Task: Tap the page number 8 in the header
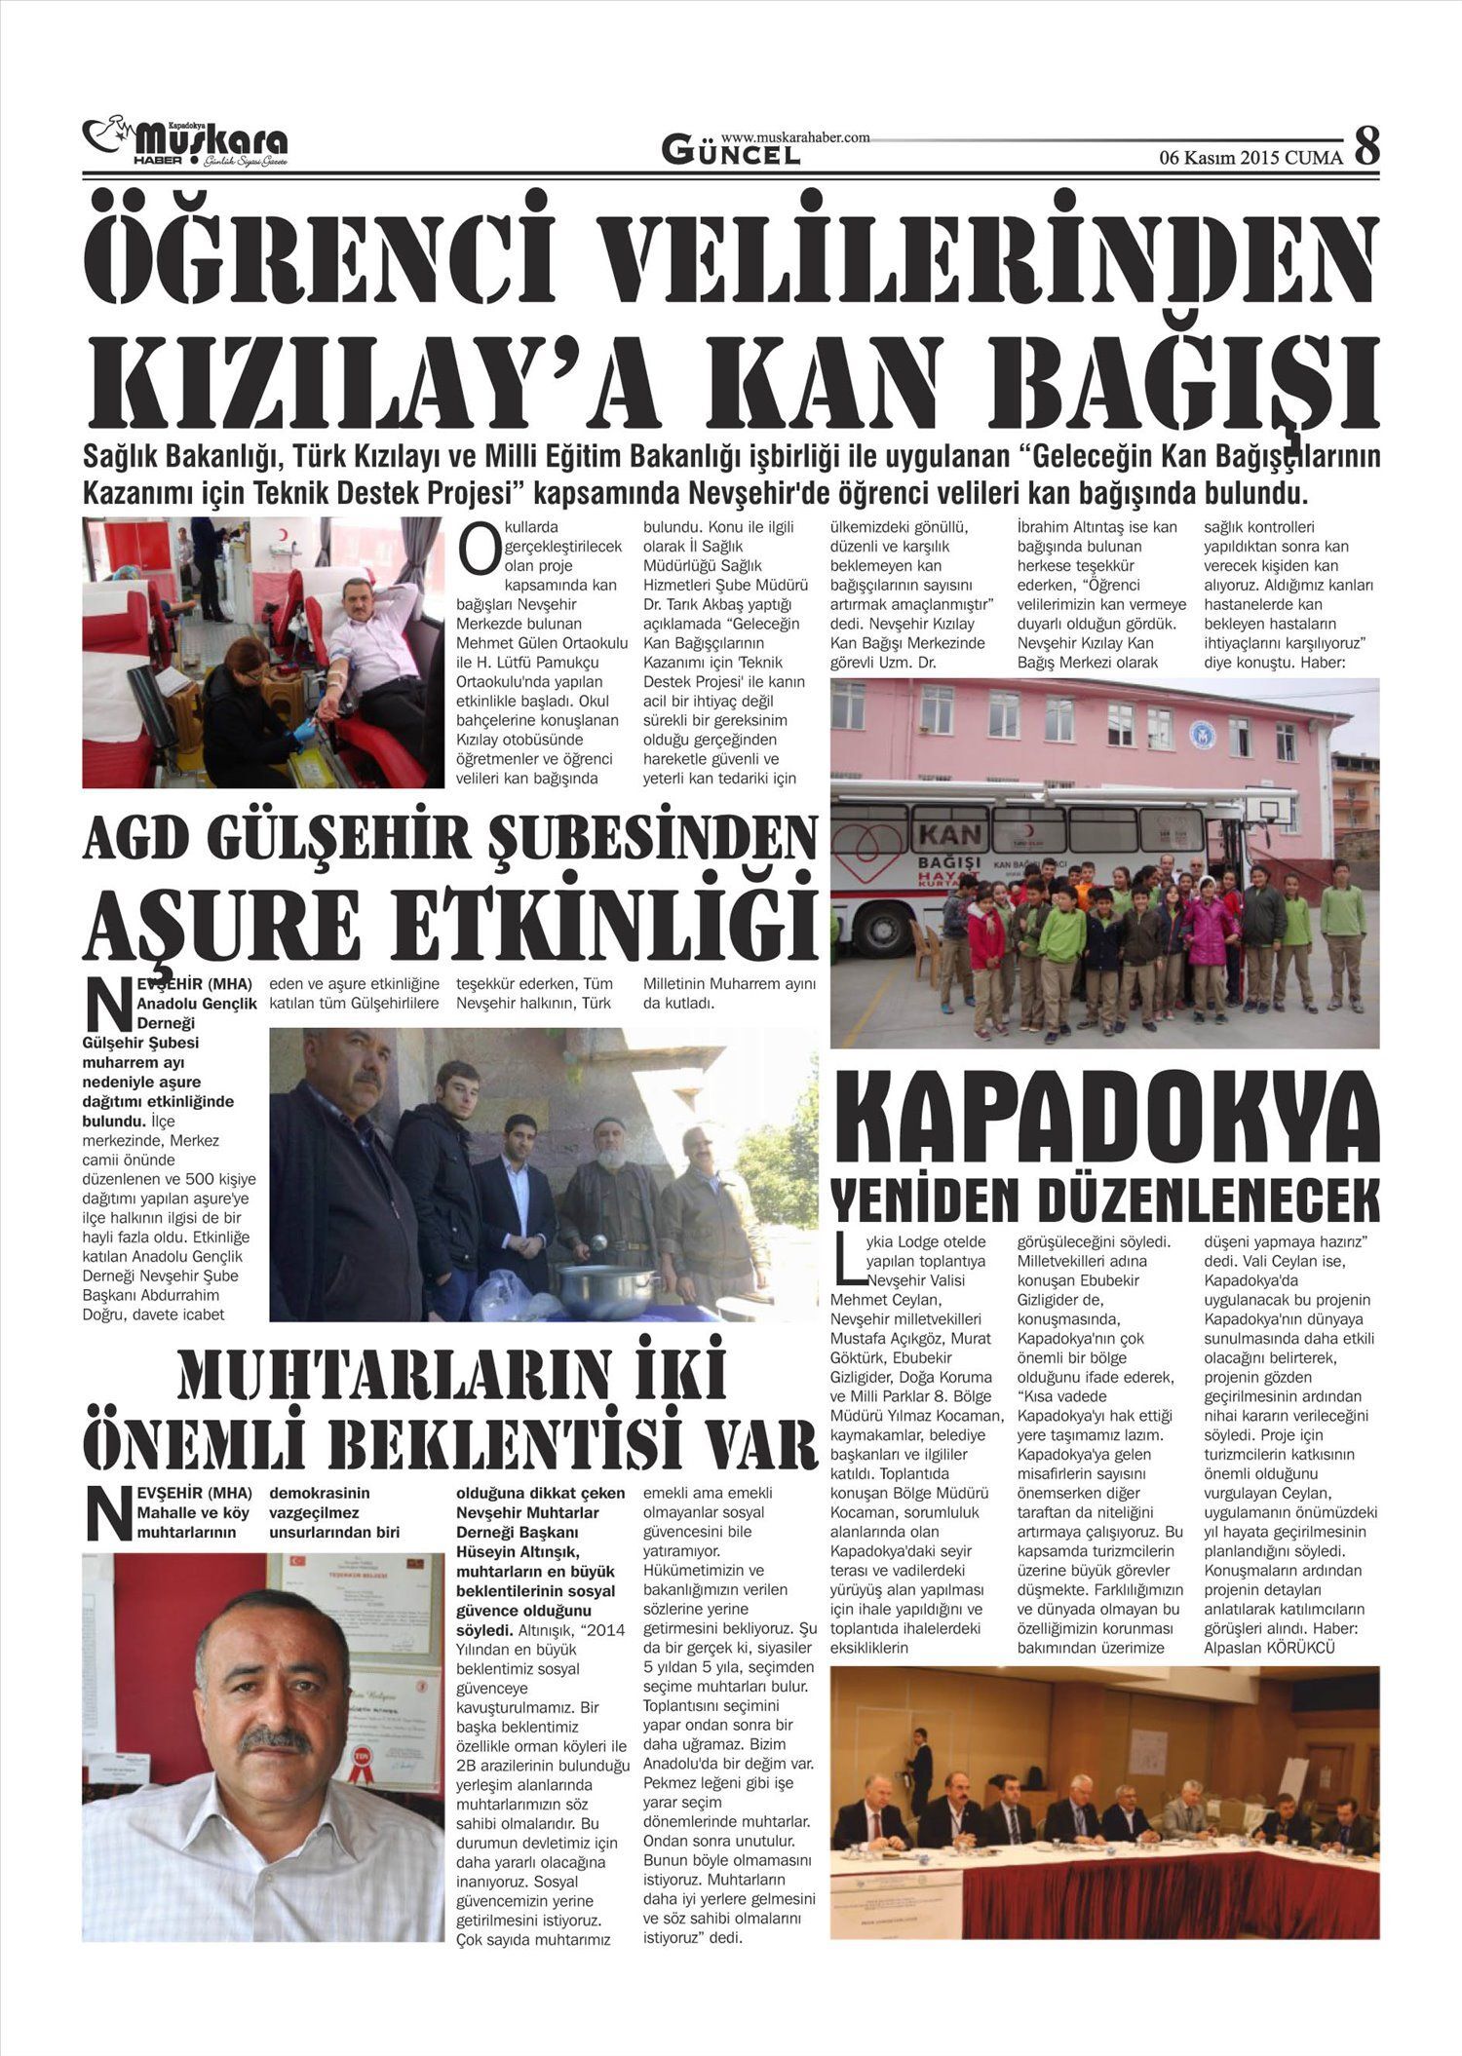coord(1367,146)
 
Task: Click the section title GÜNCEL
coord(731,152)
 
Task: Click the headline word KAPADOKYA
coord(1105,1117)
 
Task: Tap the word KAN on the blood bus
coord(948,834)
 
